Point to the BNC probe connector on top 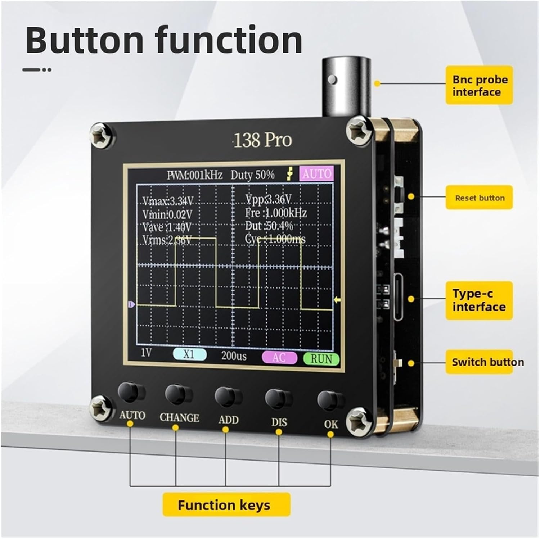(x=346, y=86)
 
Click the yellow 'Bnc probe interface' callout (x=479, y=86)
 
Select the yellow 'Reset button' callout (x=479, y=198)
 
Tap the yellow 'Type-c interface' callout (x=479, y=300)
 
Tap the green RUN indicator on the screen (x=321, y=359)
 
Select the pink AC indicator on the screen (x=279, y=358)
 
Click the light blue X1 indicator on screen (x=190, y=354)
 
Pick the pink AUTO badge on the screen (x=316, y=174)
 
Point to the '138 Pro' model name (x=262, y=140)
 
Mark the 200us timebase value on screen (x=234, y=356)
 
